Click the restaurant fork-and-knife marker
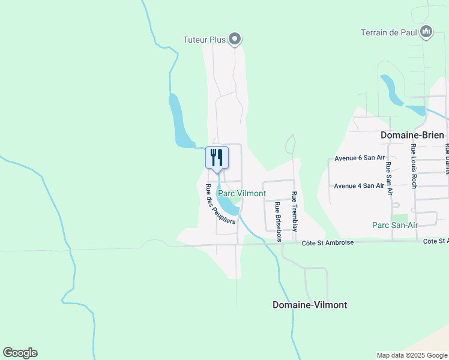(217, 158)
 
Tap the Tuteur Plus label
(204, 40)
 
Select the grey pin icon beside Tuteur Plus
(235, 40)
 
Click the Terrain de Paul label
(388, 32)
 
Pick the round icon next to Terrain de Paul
(426, 32)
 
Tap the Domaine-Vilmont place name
(310, 305)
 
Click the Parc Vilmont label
(242, 194)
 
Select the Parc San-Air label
(394, 225)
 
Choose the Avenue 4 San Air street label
(359, 185)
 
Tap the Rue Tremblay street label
(295, 211)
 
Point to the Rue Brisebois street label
(278, 221)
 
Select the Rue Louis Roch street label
(414, 166)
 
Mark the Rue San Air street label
(389, 178)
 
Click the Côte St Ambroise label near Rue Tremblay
(328, 242)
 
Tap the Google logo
(20, 353)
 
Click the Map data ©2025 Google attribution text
(411, 355)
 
